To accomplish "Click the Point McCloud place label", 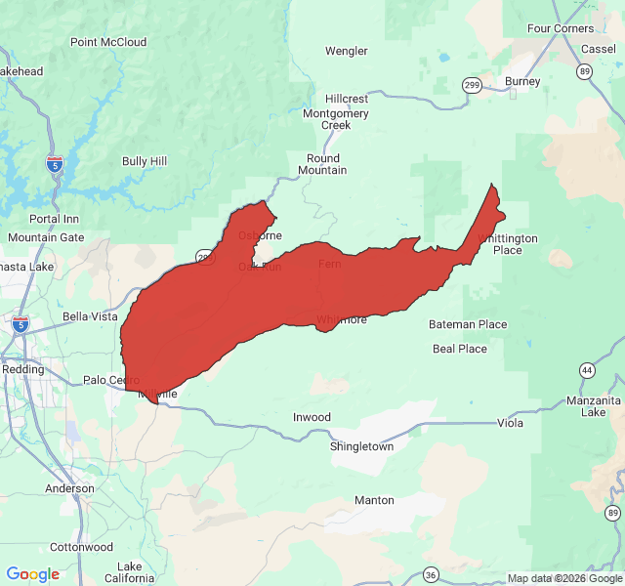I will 108,42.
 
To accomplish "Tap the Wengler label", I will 346,51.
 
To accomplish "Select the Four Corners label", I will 560,28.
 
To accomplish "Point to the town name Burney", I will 522,81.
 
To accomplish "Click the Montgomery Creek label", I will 336,119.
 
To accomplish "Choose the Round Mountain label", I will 322,164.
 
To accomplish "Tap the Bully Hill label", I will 145,161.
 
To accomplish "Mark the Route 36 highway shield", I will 432,573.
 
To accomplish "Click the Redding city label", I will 22,370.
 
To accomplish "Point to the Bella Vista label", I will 90,316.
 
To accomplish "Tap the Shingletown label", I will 361,446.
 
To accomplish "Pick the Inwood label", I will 312,417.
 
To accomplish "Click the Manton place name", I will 374,500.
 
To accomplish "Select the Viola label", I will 510,423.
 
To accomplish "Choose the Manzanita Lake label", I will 593,406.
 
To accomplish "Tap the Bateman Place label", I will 468,324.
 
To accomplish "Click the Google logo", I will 33,574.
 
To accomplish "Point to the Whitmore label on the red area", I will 341,319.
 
